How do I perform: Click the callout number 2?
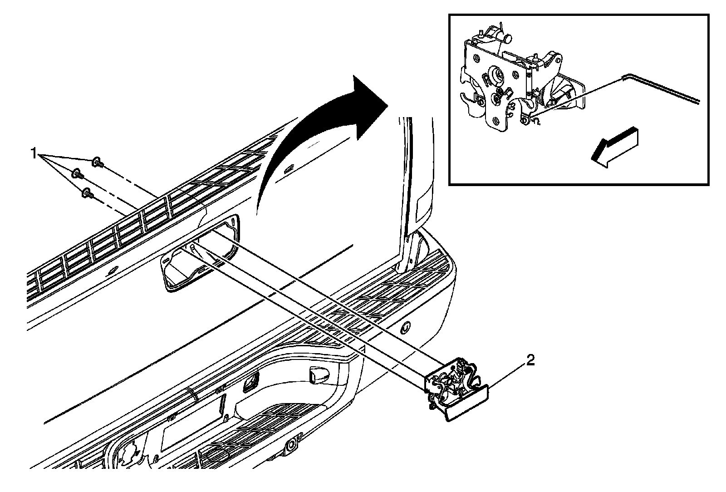[x=530, y=361]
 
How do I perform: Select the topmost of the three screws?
[x=97, y=162]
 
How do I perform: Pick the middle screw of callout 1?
[x=78, y=173]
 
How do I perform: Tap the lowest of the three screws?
[x=87, y=193]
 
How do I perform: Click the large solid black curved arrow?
[x=318, y=127]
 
